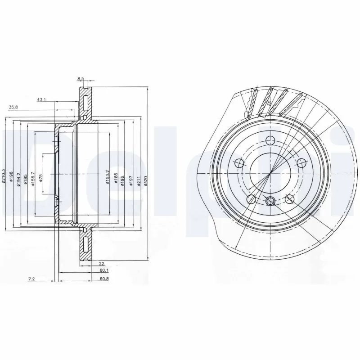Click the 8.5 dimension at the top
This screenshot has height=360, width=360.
[81, 79]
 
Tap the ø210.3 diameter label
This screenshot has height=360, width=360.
[4, 175]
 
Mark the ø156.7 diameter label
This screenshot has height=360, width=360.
[33, 176]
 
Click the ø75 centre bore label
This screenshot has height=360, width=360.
[40, 177]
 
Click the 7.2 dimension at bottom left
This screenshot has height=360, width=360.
[31, 279]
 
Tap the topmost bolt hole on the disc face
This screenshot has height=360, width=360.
[270, 139]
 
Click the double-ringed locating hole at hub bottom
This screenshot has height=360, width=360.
[270, 201]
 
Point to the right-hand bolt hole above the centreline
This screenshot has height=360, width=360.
[301, 162]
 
